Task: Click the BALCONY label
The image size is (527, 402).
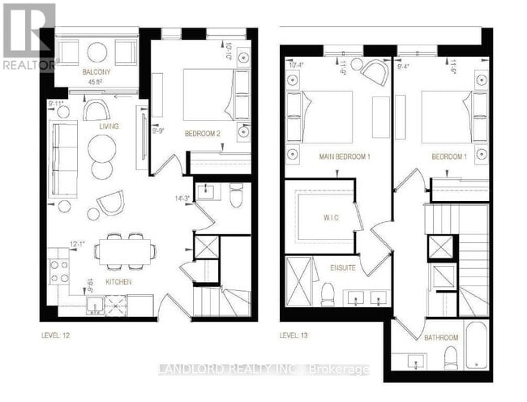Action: click(96, 72)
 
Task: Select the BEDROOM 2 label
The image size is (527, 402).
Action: click(203, 133)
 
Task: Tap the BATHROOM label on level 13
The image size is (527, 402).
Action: click(440, 337)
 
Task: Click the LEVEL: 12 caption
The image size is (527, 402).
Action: click(59, 334)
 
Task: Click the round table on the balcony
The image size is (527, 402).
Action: click(97, 53)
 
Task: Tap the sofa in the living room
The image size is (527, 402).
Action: click(63, 159)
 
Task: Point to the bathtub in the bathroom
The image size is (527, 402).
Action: click(477, 344)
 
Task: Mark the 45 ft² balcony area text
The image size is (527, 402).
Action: click(96, 80)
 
